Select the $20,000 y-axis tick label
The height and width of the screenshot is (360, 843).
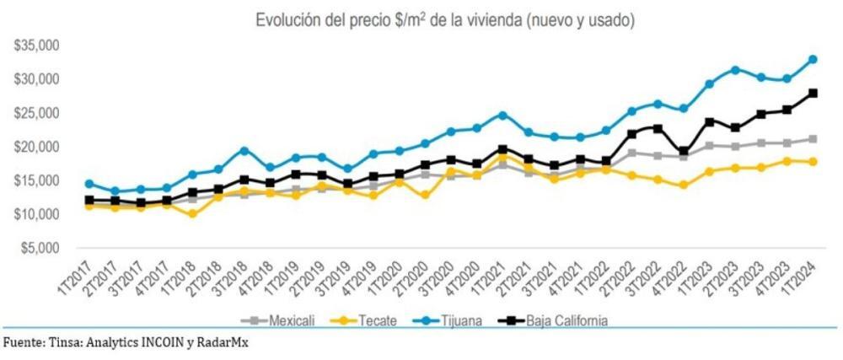click(x=35, y=147)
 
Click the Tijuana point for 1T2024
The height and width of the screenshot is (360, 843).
click(x=813, y=59)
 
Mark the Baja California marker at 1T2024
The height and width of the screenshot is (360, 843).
click(x=813, y=94)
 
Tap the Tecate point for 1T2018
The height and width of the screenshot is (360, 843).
click(x=192, y=214)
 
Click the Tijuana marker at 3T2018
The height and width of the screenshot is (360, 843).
click(x=244, y=151)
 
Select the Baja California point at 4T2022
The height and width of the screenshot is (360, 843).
click(x=684, y=152)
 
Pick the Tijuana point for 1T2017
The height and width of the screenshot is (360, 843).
click(x=89, y=184)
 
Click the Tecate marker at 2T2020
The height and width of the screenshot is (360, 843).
click(x=425, y=196)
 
